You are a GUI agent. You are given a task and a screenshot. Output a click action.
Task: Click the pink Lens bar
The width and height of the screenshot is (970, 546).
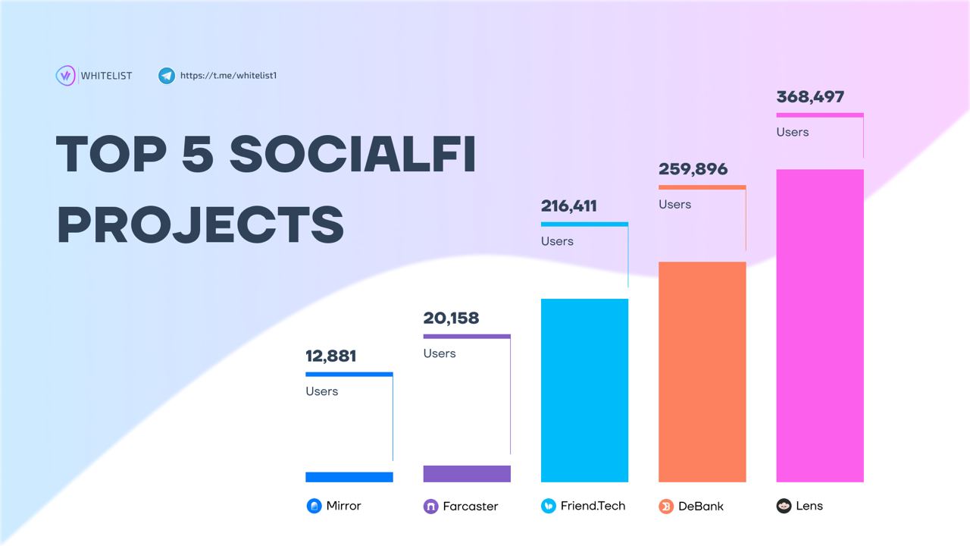coord(820,325)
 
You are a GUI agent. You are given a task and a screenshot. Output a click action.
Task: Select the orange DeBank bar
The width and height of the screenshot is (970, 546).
coord(702,372)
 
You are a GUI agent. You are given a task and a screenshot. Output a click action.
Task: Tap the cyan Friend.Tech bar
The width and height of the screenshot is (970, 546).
coord(584,390)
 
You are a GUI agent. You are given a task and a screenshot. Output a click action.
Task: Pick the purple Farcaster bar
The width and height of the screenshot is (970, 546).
coord(467,474)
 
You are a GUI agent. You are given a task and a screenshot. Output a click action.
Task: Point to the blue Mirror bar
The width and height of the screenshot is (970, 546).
coord(349,477)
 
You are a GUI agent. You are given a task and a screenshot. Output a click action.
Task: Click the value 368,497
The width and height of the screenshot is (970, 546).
coord(810,97)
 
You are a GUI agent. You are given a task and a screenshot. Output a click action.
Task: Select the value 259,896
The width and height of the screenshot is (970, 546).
coord(693,169)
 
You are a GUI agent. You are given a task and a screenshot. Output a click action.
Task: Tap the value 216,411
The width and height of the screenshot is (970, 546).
coord(569,206)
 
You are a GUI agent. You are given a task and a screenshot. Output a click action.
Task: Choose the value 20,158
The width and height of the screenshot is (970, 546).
coord(451,318)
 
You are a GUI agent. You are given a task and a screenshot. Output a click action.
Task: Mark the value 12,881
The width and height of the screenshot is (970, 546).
coord(330,356)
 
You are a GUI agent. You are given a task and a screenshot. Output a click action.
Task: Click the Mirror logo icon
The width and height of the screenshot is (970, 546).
coord(314,506)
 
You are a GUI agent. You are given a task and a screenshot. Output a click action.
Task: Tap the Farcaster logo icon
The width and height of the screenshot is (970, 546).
coord(430,507)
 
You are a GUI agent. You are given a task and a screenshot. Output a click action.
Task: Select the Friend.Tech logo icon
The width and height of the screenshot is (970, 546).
coord(549,506)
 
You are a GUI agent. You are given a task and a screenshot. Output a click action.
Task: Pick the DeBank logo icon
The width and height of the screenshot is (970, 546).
coord(666,507)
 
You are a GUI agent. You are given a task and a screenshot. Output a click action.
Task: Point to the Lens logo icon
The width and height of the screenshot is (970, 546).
coord(784,506)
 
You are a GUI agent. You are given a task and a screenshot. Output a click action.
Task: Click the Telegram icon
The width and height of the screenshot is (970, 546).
coord(167,76)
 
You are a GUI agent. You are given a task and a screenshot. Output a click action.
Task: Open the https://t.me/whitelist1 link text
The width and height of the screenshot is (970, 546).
coord(228,76)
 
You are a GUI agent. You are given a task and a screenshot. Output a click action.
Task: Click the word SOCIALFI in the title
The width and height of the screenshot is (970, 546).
coord(352,154)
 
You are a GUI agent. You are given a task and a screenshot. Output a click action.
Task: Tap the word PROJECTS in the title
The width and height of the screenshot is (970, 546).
coord(200,224)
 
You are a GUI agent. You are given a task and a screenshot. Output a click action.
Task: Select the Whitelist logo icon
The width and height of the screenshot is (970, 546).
coord(65,76)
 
